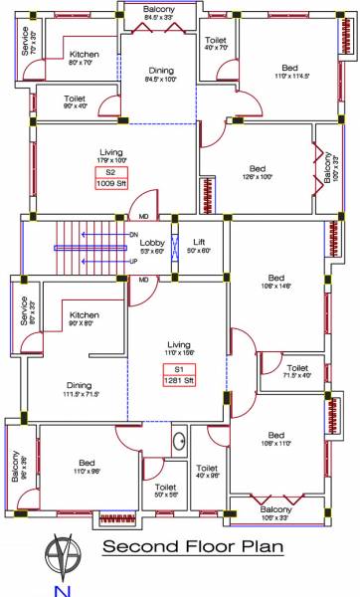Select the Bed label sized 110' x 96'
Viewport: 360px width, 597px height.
tap(88, 463)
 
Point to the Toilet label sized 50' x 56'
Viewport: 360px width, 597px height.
tap(165, 488)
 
